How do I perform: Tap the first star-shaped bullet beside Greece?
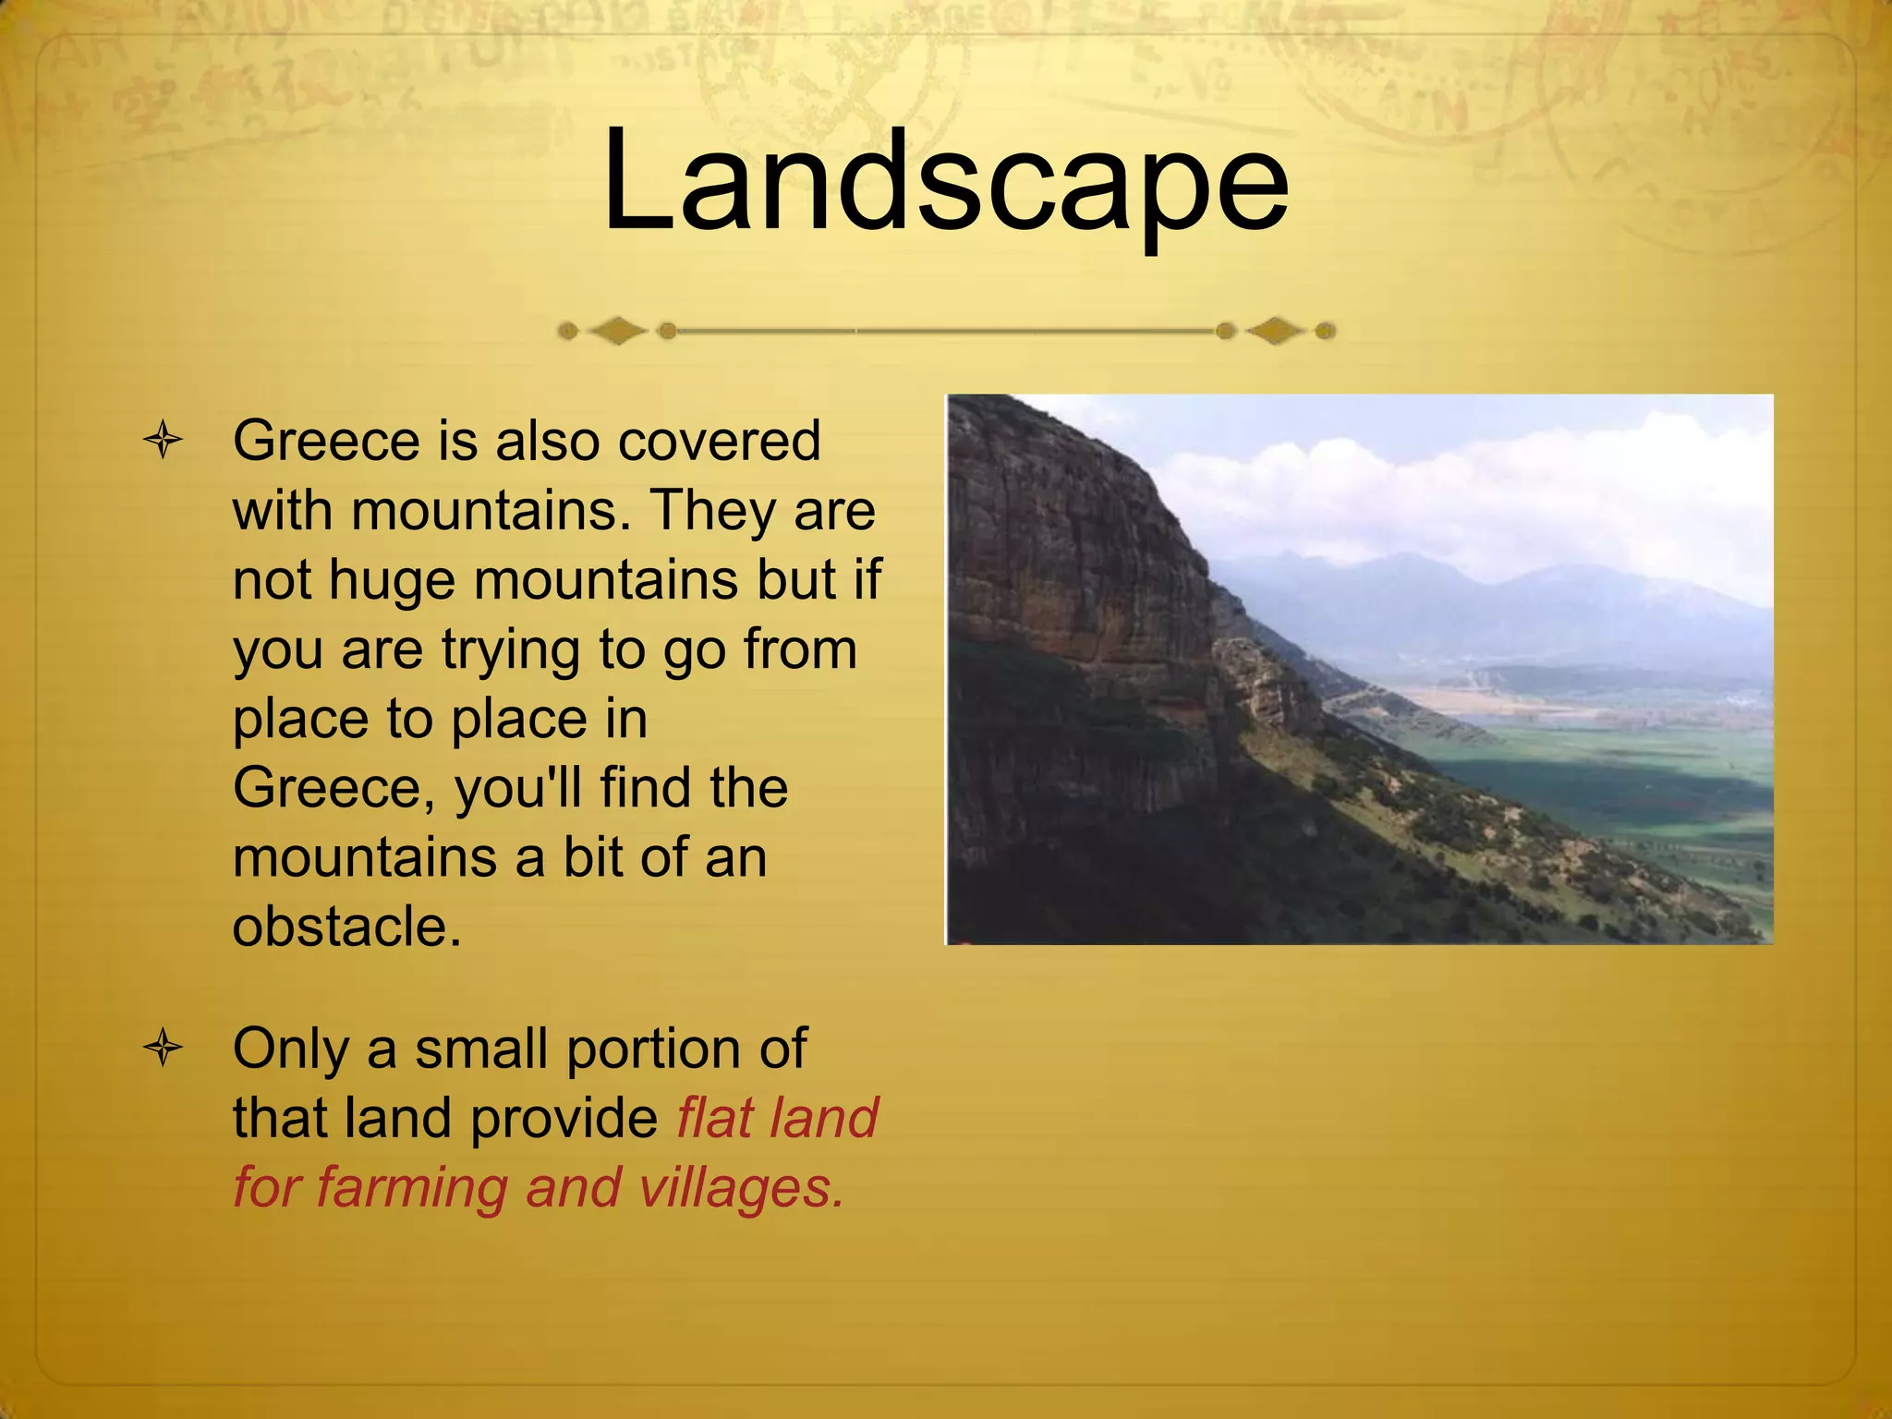pos(163,440)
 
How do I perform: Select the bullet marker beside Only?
pos(163,1049)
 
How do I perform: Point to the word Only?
pos(290,1049)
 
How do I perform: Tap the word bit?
pos(593,857)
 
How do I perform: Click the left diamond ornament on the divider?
pos(617,331)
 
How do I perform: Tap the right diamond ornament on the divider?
pos(1275,331)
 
